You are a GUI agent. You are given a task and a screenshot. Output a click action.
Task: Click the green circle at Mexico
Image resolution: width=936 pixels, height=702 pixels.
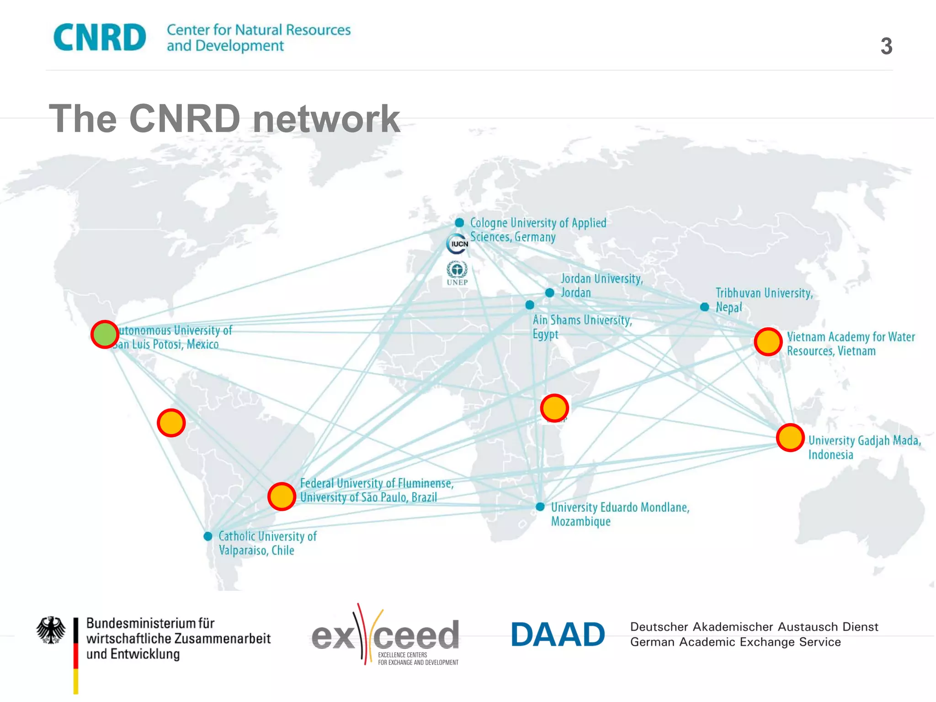[105, 335]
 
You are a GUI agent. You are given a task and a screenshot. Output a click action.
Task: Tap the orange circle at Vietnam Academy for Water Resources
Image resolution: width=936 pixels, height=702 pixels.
[768, 341]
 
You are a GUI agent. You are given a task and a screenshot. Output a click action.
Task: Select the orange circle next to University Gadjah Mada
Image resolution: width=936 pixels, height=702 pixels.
[790, 437]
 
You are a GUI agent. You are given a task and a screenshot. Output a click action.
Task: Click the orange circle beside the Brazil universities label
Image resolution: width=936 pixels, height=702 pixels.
[282, 496]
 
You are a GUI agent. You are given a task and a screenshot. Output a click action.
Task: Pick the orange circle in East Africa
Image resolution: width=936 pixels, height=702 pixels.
[554, 408]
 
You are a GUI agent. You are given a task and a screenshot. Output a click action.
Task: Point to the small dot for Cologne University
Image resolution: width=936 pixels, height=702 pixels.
[459, 223]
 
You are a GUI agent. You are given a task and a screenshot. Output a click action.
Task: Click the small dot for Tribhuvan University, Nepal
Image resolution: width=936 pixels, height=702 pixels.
[705, 307]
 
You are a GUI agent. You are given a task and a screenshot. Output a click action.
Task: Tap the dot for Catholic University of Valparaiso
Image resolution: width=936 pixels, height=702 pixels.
[208, 536]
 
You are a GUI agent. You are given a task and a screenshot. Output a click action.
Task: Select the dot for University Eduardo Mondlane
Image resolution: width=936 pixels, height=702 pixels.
[540, 506]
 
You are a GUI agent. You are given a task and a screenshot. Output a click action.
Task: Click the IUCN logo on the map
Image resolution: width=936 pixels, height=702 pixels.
[457, 244]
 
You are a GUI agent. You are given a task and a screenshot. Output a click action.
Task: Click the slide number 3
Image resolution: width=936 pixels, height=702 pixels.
[886, 46]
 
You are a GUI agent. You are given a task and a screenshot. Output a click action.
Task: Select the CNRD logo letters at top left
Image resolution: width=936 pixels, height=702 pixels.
[100, 37]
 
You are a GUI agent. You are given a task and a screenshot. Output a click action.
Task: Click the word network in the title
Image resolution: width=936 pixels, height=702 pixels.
[326, 119]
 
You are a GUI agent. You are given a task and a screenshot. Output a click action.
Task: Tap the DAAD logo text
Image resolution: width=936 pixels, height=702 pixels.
[558, 634]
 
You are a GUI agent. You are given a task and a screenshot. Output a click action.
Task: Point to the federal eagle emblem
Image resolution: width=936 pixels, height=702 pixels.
[51, 630]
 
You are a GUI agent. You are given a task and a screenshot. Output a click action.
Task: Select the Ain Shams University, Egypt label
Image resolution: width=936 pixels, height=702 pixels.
[582, 327]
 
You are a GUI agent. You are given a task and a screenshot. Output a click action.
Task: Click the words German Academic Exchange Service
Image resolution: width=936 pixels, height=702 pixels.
[735, 642]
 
